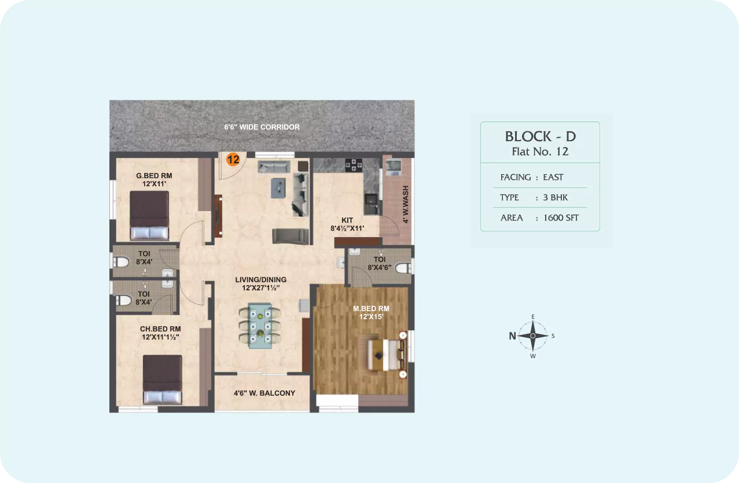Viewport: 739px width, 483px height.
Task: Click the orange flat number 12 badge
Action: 233,160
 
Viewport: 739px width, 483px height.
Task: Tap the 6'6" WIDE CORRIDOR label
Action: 262,127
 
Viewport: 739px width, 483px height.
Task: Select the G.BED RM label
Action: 154,176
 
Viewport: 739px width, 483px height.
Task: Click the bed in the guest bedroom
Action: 149,215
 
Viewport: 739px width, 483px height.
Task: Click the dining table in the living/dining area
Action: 260,326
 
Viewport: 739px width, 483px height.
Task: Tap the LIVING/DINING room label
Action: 260,279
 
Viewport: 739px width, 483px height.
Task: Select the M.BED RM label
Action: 371,308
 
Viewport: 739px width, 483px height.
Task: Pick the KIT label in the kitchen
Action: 347,220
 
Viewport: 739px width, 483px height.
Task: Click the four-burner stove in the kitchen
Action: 354,165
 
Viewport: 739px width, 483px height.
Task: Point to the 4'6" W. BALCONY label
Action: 264,393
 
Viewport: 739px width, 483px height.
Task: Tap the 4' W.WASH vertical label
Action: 406,204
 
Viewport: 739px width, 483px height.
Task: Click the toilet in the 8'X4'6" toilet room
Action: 403,268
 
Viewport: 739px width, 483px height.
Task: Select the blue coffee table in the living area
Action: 278,188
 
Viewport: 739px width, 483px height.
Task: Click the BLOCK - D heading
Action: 541,137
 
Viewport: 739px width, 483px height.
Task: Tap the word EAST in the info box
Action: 553,178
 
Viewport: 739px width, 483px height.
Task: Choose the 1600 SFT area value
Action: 561,218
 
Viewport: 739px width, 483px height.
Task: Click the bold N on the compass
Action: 512,336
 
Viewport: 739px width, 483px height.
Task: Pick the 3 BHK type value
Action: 555,197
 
